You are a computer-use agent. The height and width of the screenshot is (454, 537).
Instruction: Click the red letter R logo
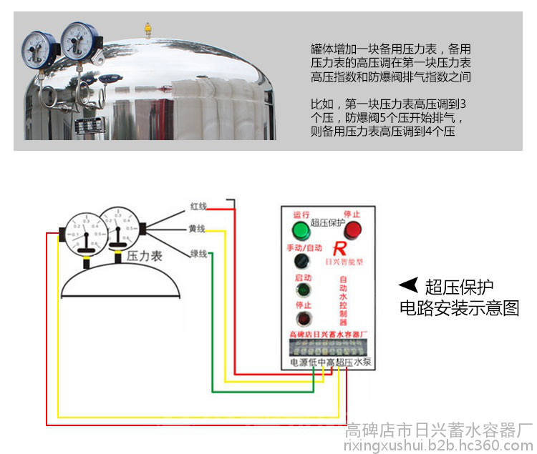341,250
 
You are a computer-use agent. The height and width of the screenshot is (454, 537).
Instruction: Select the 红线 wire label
198,206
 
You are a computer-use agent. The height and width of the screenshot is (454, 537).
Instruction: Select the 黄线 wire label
197,229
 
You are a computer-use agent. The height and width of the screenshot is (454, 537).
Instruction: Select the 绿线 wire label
198,253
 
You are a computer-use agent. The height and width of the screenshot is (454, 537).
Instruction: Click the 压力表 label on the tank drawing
144,255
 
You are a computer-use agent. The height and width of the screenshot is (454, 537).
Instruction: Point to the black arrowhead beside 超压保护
409,286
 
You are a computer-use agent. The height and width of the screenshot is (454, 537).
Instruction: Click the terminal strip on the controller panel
328,349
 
